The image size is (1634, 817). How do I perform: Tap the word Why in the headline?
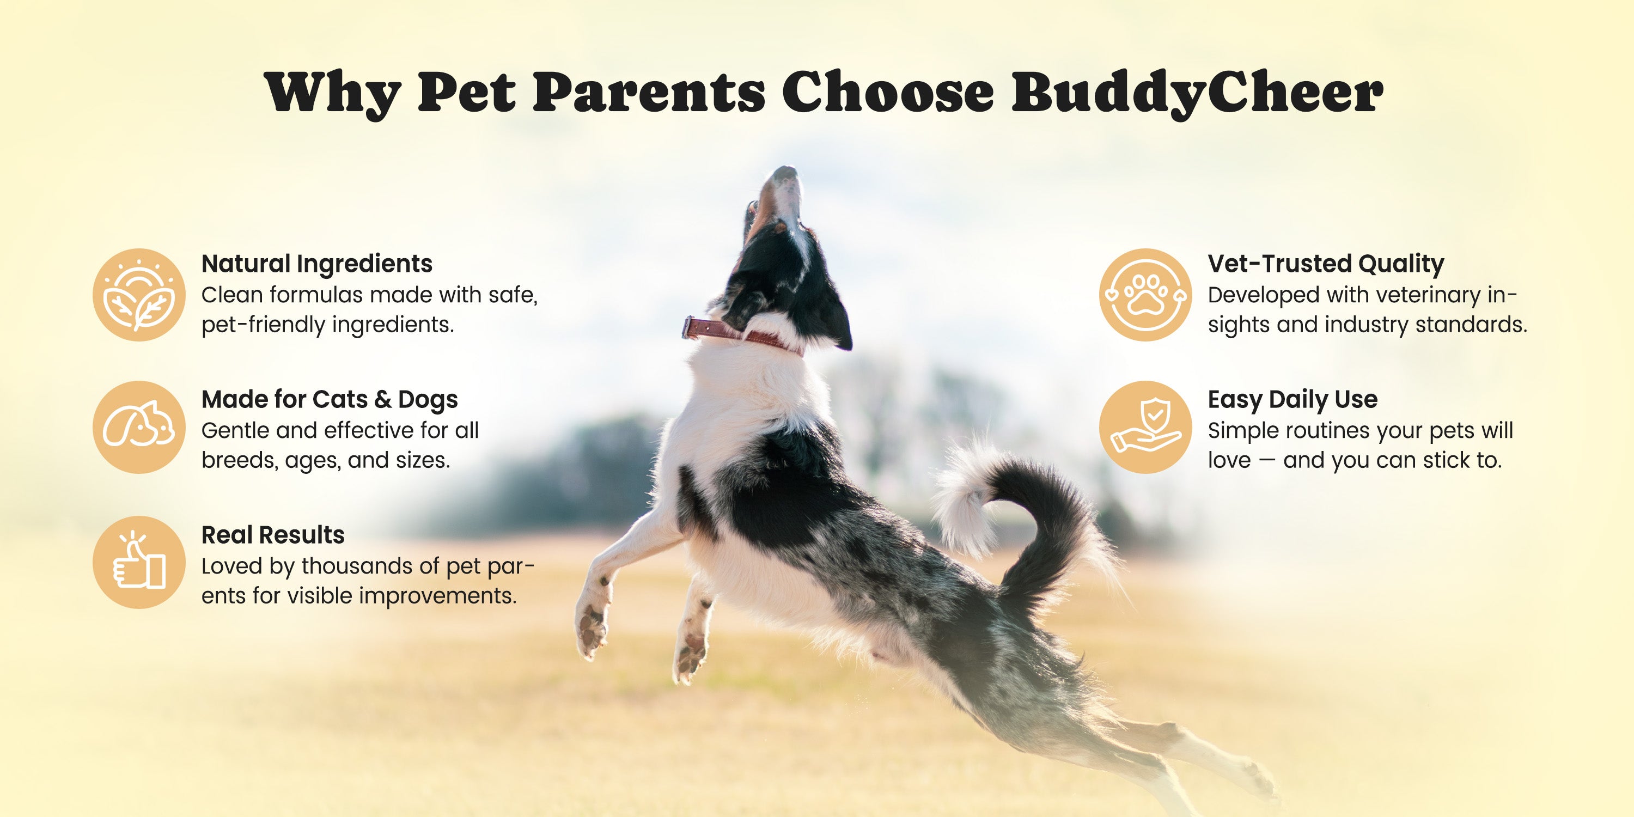332,94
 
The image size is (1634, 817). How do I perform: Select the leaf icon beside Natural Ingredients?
139,295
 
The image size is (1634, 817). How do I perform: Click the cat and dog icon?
139,427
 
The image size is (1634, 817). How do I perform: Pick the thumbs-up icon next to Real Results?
139,562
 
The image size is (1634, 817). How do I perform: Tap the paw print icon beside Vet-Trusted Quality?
1145,295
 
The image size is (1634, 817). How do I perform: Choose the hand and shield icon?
1145,427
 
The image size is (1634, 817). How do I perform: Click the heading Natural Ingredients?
316,264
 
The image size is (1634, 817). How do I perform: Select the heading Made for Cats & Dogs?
329,400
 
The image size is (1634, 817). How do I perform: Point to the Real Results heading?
273,535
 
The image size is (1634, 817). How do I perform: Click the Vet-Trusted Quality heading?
1326,264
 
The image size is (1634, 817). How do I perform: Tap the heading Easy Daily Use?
1292,400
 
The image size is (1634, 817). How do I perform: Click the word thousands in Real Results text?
370,566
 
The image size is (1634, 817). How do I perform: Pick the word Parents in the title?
649,94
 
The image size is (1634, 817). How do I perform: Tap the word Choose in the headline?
888,94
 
